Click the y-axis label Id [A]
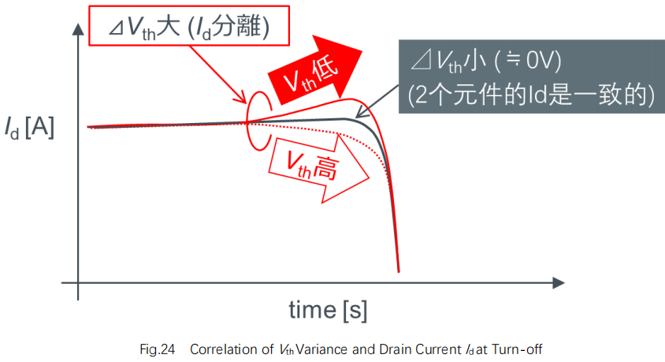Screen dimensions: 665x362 pos(29,127)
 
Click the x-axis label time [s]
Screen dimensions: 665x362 pos(328,310)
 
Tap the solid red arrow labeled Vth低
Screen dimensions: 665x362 pos(314,70)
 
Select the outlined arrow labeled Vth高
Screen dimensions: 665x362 pos(319,168)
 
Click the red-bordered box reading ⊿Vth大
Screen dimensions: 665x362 pos(189,25)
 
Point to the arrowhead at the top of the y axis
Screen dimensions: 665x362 pos(78,29)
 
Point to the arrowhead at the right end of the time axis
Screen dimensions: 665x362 pos(559,282)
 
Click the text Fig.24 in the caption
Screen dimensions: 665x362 pos(158,349)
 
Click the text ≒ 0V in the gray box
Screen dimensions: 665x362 pos(529,60)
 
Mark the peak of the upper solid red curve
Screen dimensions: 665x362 pos(351,99)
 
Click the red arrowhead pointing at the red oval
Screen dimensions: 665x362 pos(242,99)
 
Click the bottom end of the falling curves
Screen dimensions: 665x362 pos(399,271)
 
